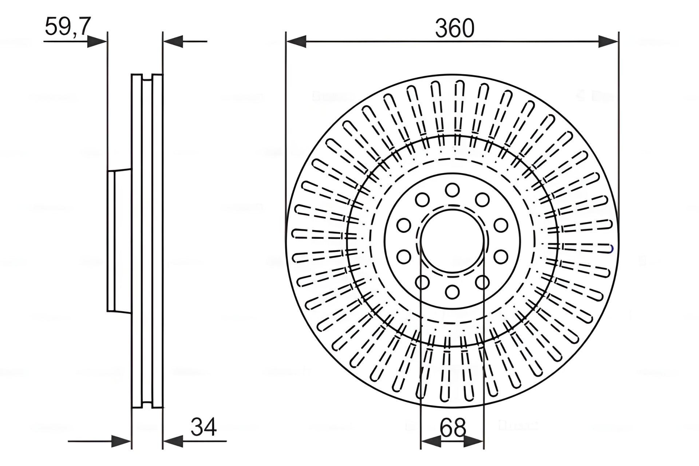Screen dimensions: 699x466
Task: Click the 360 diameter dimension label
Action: pyautogui.click(x=455, y=28)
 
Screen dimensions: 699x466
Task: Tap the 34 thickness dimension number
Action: pyautogui.click(x=204, y=427)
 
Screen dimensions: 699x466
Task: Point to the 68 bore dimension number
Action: pyautogui.click(x=453, y=427)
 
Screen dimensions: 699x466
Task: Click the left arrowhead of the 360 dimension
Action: pyautogui.click(x=296, y=41)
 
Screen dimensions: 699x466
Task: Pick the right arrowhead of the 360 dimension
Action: pyautogui.click(x=608, y=41)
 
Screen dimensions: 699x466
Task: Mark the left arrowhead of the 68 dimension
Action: pyautogui.click(x=431, y=442)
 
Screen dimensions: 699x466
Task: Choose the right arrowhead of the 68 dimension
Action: pyautogui.click(x=474, y=442)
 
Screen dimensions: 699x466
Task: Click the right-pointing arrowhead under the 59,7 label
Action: pyautogui.click(x=97, y=41)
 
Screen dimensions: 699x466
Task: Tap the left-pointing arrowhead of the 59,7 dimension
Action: pyautogui.click(x=173, y=41)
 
